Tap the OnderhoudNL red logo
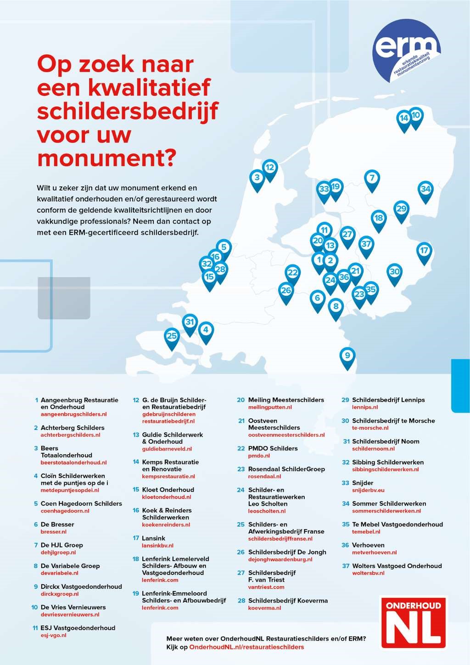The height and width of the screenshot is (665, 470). click(414, 623)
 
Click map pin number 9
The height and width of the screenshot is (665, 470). click(347, 356)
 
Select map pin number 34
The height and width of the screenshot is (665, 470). click(425, 189)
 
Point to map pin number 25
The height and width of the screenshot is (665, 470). click(172, 337)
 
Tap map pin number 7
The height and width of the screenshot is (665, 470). click(372, 178)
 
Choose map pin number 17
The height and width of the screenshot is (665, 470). click(424, 251)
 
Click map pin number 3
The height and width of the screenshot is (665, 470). click(257, 178)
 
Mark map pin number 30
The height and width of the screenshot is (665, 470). click(395, 272)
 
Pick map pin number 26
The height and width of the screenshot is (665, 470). click(286, 291)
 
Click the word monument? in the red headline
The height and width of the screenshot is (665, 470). click(106, 157)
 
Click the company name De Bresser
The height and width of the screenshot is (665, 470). click(57, 524)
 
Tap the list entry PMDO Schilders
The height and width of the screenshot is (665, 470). click(273, 448)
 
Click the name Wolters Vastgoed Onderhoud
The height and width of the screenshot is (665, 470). click(397, 566)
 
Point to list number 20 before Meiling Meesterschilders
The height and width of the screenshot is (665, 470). click(241, 400)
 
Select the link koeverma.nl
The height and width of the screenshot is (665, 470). click(264, 608)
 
